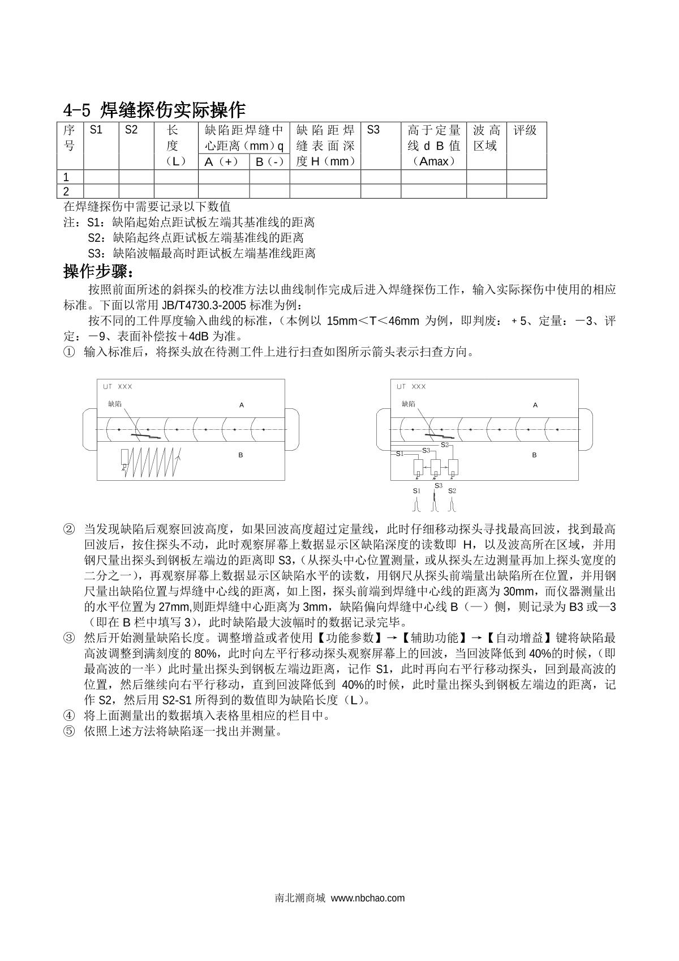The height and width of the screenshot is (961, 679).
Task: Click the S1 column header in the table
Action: pos(96,130)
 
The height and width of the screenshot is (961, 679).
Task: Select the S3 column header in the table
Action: pos(373,130)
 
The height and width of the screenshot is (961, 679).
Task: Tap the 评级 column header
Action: pos(525,130)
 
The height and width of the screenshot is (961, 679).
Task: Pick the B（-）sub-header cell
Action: pos(269,162)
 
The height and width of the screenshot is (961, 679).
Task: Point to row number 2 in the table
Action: pos(67,191)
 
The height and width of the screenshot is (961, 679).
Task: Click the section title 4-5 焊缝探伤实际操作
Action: pos(154,109)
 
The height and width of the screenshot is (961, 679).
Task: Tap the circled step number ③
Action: pos(68,638)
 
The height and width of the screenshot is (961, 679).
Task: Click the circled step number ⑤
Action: pos(68,731)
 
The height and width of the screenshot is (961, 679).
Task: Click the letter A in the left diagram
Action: pos(242,405)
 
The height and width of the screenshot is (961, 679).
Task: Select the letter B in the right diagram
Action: pos(534,455)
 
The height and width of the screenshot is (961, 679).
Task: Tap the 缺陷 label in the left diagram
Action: pos(114,404)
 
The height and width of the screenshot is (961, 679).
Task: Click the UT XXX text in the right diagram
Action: pos(411,387)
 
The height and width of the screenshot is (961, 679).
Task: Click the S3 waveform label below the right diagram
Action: pos(439,485)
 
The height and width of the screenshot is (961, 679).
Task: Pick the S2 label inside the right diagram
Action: pos(445,445)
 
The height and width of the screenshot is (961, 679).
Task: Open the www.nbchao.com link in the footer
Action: pos(368,898)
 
